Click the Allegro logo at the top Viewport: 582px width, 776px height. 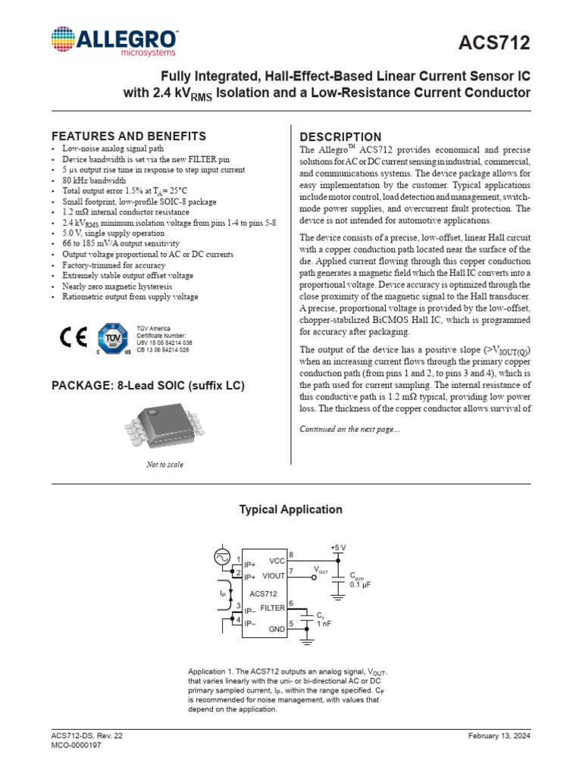[114, 42]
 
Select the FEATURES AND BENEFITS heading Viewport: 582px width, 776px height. [128, 136]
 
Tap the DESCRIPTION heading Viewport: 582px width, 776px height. [341, 137]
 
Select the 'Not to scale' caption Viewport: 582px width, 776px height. [164, 465]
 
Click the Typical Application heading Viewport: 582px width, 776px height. [291, 510]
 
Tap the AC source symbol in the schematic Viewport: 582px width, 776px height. [224, 558]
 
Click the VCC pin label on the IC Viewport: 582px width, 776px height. [277, 561]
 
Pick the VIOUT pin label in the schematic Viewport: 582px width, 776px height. [273, 575]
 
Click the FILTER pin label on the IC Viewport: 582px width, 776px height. [272, 608]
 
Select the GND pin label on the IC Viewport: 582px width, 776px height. [277, 628]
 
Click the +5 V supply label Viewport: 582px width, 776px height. [338, 547]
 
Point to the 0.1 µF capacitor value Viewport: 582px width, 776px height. [360, 585]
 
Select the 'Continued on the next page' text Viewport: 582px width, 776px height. [350, 430]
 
